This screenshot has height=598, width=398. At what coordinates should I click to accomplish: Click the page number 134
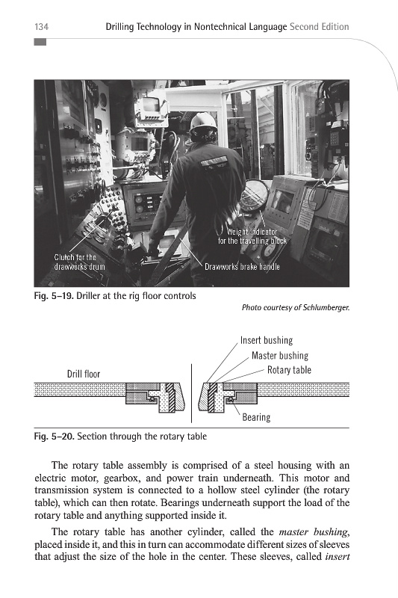pos(41,27)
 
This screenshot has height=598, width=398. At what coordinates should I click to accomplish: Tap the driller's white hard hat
pos(204,122)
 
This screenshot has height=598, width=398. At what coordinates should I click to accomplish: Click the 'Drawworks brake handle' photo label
pos(242,267)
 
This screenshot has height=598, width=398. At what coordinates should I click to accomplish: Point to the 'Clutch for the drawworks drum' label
pos(79,262)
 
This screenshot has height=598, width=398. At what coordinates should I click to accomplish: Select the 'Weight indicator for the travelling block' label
pos(252,236)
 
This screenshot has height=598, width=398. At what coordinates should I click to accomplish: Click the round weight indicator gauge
pos(253,196)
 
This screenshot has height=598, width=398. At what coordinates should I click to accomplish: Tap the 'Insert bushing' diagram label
pos(267,340)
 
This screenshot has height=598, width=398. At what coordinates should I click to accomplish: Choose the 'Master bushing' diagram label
pos(280,356)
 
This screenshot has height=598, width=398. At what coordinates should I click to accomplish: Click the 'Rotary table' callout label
pos(289,370)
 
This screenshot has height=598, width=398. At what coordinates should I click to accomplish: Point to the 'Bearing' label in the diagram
pos(256,417)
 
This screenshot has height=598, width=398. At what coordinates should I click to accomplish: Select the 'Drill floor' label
pos(84,374)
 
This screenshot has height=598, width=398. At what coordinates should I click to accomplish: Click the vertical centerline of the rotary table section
pos(192,393)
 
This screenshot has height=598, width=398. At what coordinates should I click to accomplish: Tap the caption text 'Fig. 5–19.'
pos(54,296)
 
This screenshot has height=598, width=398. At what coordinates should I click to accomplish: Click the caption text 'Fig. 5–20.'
pos(54,437)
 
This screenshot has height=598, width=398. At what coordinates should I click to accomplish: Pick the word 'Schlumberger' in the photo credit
pos(326,307)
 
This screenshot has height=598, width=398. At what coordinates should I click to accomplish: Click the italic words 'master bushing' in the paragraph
pos(314,531)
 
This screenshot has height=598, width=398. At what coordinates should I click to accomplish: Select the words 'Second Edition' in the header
pos(320,27)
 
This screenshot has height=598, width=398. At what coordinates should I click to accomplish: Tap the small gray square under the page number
pos(40,42)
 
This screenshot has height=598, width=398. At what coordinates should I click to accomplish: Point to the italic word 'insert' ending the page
pos(338,556)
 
